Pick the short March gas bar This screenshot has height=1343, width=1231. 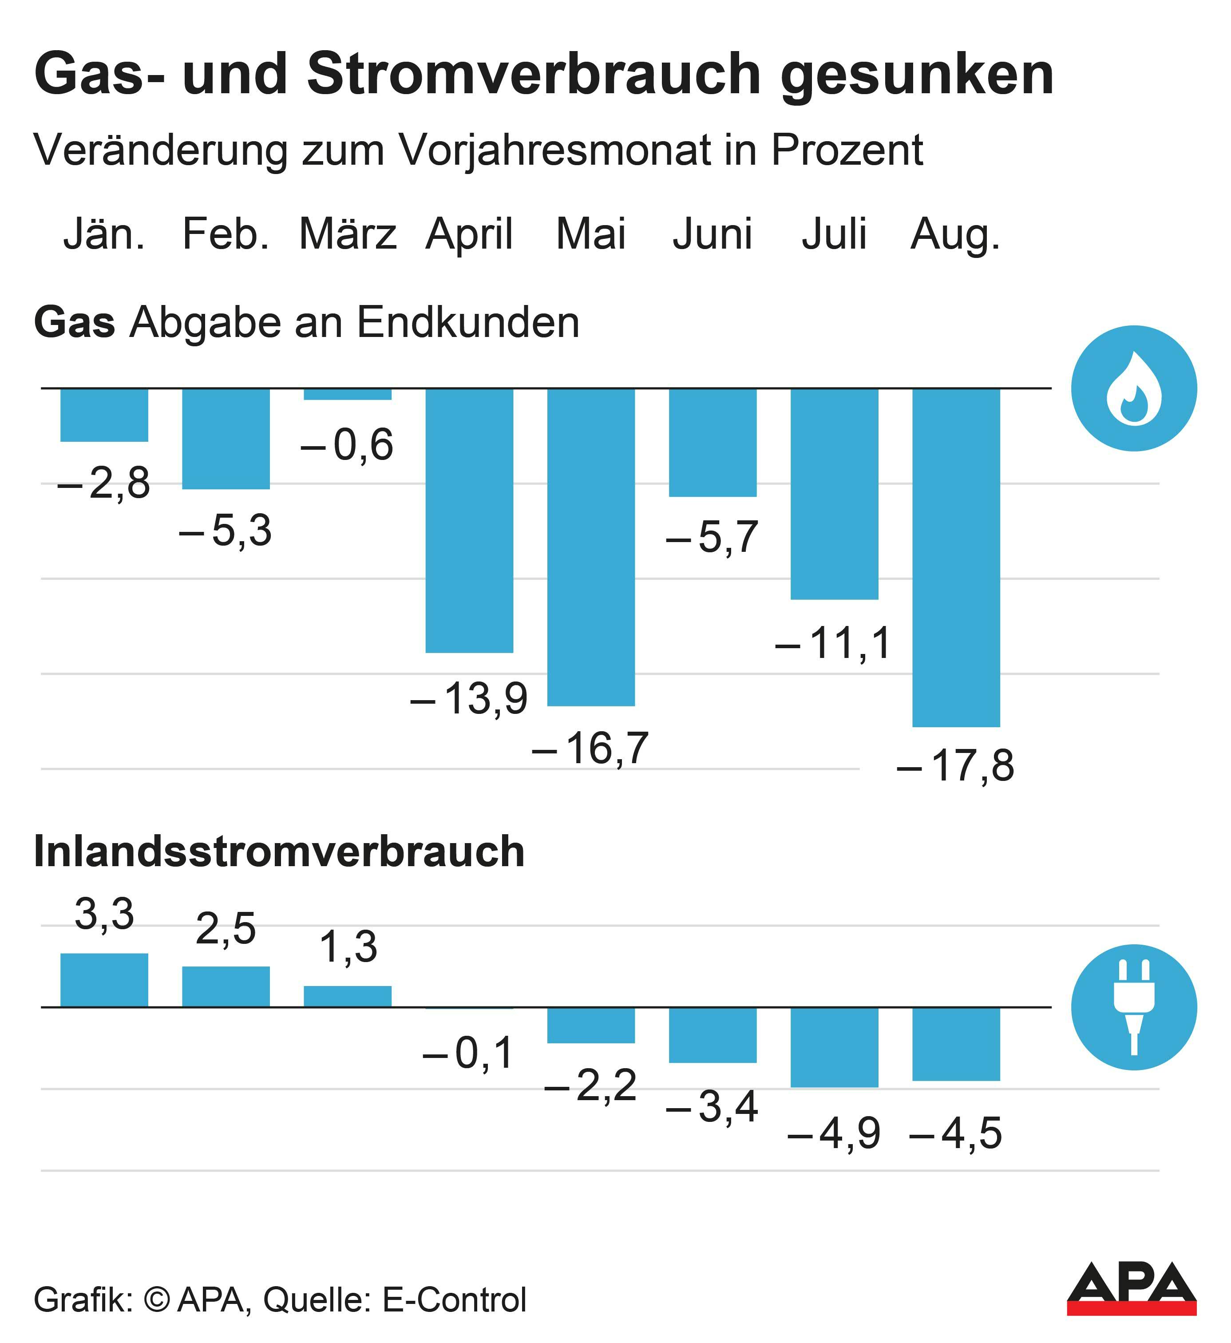coord(348,394)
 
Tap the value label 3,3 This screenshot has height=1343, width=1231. coord(105,914)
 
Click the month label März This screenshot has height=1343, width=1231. coord(348,234)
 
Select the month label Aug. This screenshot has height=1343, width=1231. coord(956,234)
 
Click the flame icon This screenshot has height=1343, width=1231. coord(1134,388)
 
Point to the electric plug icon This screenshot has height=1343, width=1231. coord(1134,1007)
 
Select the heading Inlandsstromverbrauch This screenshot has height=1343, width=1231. coord(279,852)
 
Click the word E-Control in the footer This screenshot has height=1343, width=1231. coord(454,1299)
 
